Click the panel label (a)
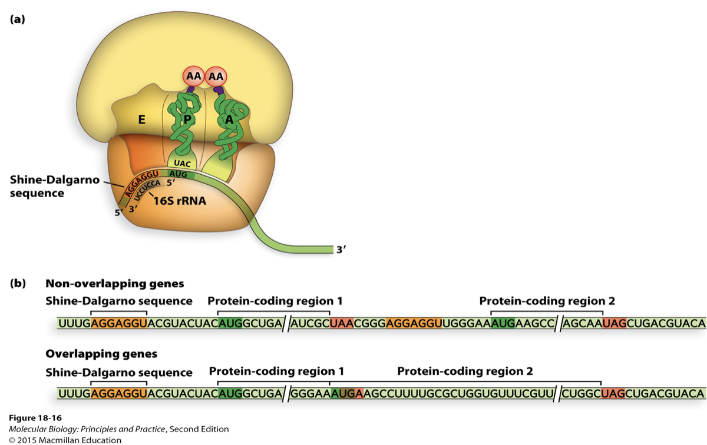pos(18,19)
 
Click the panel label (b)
pos(18,284)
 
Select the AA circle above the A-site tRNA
pos(216,77)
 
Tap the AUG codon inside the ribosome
pos(177,174)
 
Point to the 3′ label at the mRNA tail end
pos(341,250)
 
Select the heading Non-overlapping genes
pos(115,284)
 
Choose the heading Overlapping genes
pos(101,354)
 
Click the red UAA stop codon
pos(341,323)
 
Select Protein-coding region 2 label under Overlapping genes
pos(465,371)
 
